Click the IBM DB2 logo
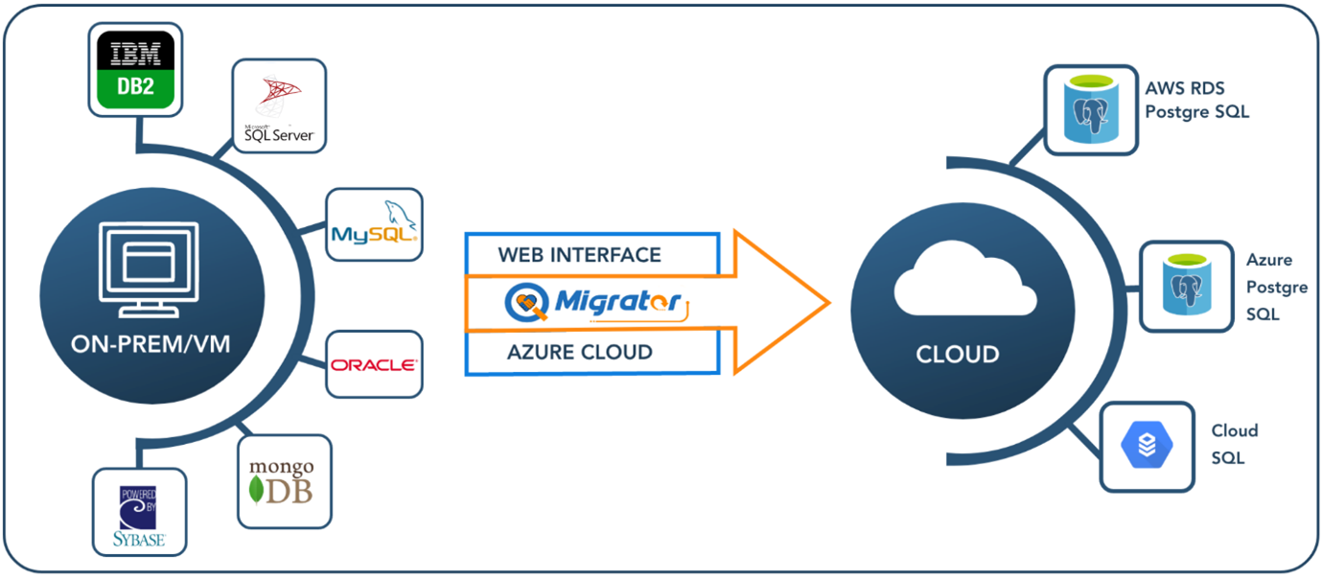[135, 70]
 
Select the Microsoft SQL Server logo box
[280, 105]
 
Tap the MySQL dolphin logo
[374, 224]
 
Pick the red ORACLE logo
[374, 365]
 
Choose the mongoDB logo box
[285, 482]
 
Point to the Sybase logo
[140, 512]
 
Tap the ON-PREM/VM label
[151, 343]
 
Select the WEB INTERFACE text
[579, 255]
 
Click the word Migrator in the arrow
[617, 302]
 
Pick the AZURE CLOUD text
[579, 352]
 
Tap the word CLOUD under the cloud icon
[957, 354]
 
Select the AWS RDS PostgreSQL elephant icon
[1092, 109]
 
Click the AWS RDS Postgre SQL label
[1196, 100]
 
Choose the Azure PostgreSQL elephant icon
[1187, 285]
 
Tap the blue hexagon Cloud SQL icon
[1147, 447]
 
